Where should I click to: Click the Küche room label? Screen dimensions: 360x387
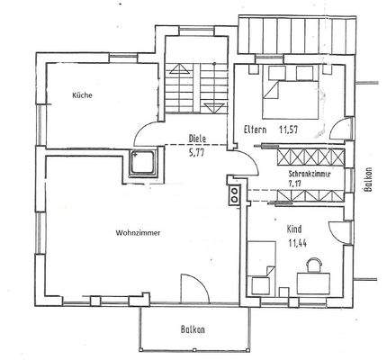[x=81, y=94]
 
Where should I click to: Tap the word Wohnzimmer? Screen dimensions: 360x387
[x=138, y=232]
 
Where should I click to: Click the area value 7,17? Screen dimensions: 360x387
[x=295, y=184]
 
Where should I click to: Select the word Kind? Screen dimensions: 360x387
[x=295, y=229]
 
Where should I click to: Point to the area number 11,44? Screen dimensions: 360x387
[x=297, y=243]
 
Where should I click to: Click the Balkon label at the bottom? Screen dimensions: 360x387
[x=193, y=329]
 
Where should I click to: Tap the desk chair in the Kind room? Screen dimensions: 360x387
[x=315, y=265]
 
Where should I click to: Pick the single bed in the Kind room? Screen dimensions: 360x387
[x=262, y=266]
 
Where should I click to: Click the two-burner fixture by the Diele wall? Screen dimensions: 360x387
[x=235, y=194]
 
